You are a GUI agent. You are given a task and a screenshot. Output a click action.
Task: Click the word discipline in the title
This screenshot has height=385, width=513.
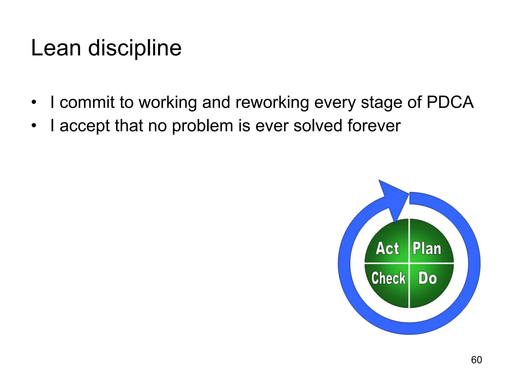[x=135, y=48]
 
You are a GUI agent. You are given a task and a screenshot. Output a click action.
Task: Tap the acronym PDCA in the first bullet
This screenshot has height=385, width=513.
[x=450, y=102]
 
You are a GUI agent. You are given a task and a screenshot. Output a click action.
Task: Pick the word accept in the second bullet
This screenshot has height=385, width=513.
[x=85, y=126]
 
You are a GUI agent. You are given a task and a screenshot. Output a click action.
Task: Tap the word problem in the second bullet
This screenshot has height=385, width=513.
[x=202, y=126]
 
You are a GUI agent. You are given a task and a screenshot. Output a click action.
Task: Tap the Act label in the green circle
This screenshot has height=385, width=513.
[x=387, y=249]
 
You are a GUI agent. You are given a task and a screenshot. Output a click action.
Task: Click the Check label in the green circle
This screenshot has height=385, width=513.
[x=389, y=278]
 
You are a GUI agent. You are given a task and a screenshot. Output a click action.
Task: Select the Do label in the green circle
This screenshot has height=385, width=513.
[x=427, y=278]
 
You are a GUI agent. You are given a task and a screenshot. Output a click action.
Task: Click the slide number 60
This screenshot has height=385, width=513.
[x=476, y=360]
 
